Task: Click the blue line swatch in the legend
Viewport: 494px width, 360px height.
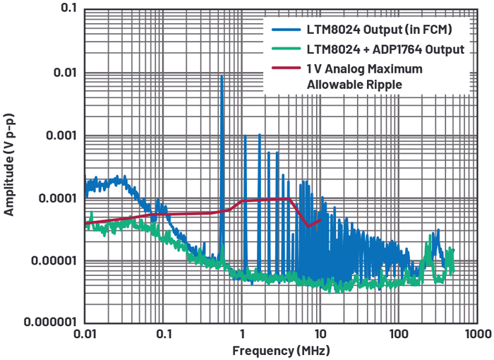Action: [x=285, y=30]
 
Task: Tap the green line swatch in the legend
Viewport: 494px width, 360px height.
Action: [x=285, y=49]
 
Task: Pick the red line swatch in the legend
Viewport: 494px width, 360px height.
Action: [x=285, y=69]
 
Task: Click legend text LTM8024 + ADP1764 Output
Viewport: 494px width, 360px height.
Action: [x=385, y=49]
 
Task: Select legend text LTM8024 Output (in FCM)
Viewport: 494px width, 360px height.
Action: [x=379, y=30]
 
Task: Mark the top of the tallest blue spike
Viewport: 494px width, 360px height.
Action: [x=222, y=76]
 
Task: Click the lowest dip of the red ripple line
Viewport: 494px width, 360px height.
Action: [x=308, y=226]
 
